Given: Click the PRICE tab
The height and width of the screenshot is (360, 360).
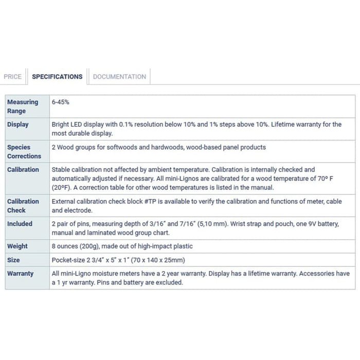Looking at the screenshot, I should pyautogui.click(x=12, y=77).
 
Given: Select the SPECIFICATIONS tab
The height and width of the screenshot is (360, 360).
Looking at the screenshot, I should pyautogui.click(x=57, y=77).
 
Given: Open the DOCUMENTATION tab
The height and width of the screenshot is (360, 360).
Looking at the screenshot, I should pyautogui.click(x=119, y=77).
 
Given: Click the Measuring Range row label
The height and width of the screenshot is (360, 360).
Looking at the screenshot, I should pyautogui.click(x=23, y=106).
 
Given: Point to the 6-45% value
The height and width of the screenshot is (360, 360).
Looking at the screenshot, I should pyautogui.click(x=60, y=102).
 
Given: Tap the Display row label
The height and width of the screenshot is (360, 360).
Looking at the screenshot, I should pyautogui.click(x=18, y=124).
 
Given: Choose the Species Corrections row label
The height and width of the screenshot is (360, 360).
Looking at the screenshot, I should pyautogui.click(x=24, y=152).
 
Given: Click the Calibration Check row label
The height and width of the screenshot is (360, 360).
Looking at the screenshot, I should pyautogui.click(x=23, y=206).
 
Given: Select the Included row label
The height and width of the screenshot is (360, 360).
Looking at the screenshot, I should pyautogui.click(x=20, y=224).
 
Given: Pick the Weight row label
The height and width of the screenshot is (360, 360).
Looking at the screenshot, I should pyautogui.click(x=17, y=246).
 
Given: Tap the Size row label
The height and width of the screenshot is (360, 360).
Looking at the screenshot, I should pyautogui.click(x=13, y=260).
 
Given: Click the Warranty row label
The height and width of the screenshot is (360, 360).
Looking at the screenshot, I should pyautogui.click(x=20, y=274).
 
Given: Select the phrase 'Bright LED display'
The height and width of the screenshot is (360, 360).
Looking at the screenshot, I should pyautogui.click(x=79, y=124).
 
